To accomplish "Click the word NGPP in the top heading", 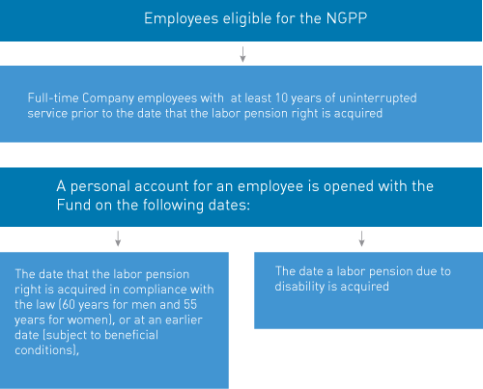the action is tap(347, 18).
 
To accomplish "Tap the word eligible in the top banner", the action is tap(247, 19).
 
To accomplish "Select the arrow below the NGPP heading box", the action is tap(242, 54).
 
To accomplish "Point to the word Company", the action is tap(108, 98).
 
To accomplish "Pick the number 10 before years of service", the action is tap(281, 98).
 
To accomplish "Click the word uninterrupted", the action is tap(378, 98).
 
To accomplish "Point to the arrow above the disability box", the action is tap(361, 238).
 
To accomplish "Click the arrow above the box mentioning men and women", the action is tap(118, 238).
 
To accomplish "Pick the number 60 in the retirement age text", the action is tap(68, 305).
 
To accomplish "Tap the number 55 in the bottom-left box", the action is tap(190, 305).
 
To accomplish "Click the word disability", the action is tap(299, 287).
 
